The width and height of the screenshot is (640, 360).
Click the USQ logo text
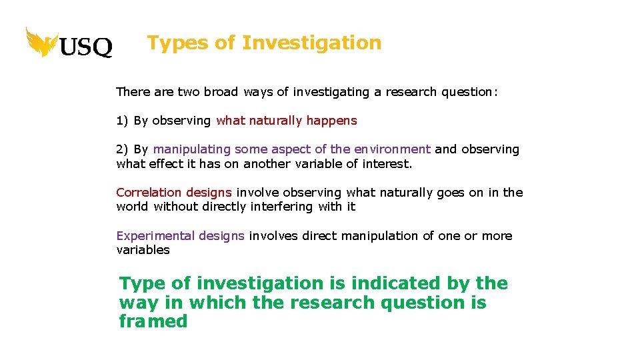[86, 47]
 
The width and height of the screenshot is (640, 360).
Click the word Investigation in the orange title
[311, 43]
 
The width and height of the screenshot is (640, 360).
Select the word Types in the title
[177, 43]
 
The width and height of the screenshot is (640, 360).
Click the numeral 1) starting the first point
[122, 121]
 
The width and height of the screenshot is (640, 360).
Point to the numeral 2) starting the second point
[122, 149]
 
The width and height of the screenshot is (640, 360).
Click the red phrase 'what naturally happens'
[287, 121]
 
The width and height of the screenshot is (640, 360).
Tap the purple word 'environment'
[392, 149]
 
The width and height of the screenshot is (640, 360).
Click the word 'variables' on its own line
[143, 250]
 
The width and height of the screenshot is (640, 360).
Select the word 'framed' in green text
[153, 321]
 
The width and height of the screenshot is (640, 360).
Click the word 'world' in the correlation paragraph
[132, 207]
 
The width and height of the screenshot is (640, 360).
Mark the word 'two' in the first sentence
[189, 92]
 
